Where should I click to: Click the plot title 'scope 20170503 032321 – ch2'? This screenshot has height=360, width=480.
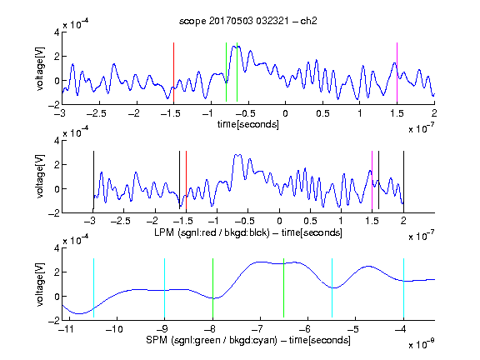[x=248, y=21]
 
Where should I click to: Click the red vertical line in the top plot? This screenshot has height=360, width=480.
[x=173, y=72]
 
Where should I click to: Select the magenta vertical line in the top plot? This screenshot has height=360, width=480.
[x=397, y=72]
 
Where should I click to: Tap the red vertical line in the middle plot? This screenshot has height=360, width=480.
[x=186, y=180]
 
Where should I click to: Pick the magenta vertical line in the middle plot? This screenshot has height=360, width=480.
[x=372, y=180]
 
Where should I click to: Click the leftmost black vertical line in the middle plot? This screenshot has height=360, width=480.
[x=93, y=180]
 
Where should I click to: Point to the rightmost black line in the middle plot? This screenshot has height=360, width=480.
[x=403, y=180]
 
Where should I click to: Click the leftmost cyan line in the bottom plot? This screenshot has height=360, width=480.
[x=93, y=288]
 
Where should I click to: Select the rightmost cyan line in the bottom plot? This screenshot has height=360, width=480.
[x=403, y=288]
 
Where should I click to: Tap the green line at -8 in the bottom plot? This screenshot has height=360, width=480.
[x=212, y=288]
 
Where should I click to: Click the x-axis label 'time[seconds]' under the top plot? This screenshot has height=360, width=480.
[x=248, y=124]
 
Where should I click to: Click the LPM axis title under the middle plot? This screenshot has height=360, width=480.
[x=248, y=232]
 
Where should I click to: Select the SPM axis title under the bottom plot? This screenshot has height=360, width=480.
[x=248, y=340]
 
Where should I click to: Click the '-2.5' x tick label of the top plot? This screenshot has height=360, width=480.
[x=96, y=113]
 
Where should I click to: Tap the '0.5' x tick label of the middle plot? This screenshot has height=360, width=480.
[x=310, y=221]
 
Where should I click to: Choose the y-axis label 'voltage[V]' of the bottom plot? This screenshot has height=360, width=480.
[x=40, y=284]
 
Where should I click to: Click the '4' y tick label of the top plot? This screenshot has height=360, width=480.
[x=57, y=32]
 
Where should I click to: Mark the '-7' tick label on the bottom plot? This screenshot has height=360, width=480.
[x=257, y=329]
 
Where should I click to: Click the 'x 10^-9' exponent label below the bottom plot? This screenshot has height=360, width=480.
[x=421, y=343]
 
